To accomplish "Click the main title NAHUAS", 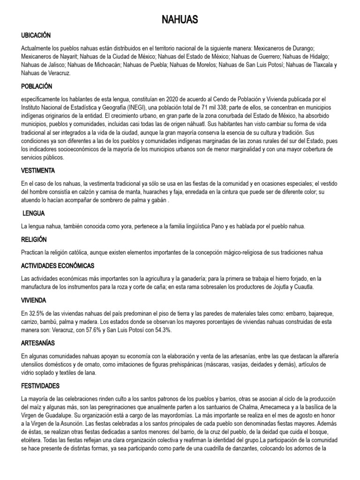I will coord(180,19).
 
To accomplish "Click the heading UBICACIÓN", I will coord(36,35).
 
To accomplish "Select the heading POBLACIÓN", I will coord(37,87).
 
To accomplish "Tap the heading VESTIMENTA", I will coord(38,170).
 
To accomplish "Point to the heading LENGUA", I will coord(34,213).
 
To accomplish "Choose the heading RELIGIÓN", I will coord(34,240).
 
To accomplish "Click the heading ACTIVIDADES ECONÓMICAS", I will coord(58,266).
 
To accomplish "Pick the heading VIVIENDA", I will coord(34,300).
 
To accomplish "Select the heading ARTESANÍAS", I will coord(38,344).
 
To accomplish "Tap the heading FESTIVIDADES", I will coord(40,386).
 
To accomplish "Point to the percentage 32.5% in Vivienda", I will coord(37,313).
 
